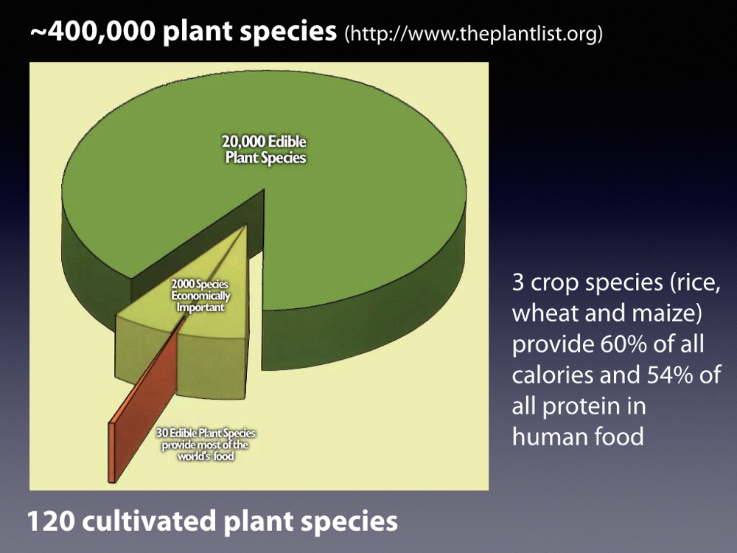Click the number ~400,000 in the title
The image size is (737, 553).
pos(93,32)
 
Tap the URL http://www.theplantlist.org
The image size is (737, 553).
pos(474,33)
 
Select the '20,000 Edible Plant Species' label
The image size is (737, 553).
pos(265,150)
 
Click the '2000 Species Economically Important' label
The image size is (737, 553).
pos(200,296)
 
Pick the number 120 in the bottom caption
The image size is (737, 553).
pos(50,521)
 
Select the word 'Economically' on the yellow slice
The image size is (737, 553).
pos(200,296)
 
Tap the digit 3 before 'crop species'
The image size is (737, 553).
pos(517,282)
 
